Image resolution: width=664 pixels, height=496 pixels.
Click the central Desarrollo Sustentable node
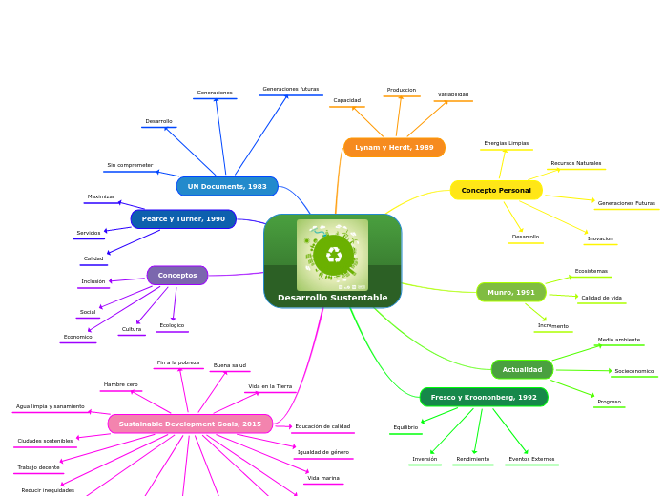pos(332,297)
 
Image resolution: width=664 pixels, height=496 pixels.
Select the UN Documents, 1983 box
pos(227,186)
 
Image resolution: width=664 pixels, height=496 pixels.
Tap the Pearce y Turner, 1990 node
pos(183,219)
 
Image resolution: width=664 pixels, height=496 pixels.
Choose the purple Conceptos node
pos(177,276)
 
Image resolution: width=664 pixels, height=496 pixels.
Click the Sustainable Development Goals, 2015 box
pos(190,424)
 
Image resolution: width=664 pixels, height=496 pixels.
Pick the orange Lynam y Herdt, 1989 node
pos(394,148)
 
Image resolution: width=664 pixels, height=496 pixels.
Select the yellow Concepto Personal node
pos(496,191)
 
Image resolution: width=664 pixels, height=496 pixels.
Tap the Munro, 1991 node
pos(511,292)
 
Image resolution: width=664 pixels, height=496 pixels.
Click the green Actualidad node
pos(522,369)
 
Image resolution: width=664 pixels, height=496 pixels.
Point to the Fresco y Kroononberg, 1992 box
pos(484,397)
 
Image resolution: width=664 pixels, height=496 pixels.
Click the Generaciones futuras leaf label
pos(291,89)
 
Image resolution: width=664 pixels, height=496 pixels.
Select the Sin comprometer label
pos(130,165)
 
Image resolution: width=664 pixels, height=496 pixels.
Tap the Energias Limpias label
pos(506,143)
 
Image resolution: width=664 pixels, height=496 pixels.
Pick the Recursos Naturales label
pos(576,163)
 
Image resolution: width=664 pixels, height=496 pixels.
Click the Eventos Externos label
pos(531,459)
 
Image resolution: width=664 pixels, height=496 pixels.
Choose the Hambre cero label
pos(121,384)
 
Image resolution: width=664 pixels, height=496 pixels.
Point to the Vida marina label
pos(323,478)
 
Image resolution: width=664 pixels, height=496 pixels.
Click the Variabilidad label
pos(453,94)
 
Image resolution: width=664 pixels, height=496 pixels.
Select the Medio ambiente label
pos(619,340)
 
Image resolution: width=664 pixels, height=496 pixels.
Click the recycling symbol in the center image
pos(333,255)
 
